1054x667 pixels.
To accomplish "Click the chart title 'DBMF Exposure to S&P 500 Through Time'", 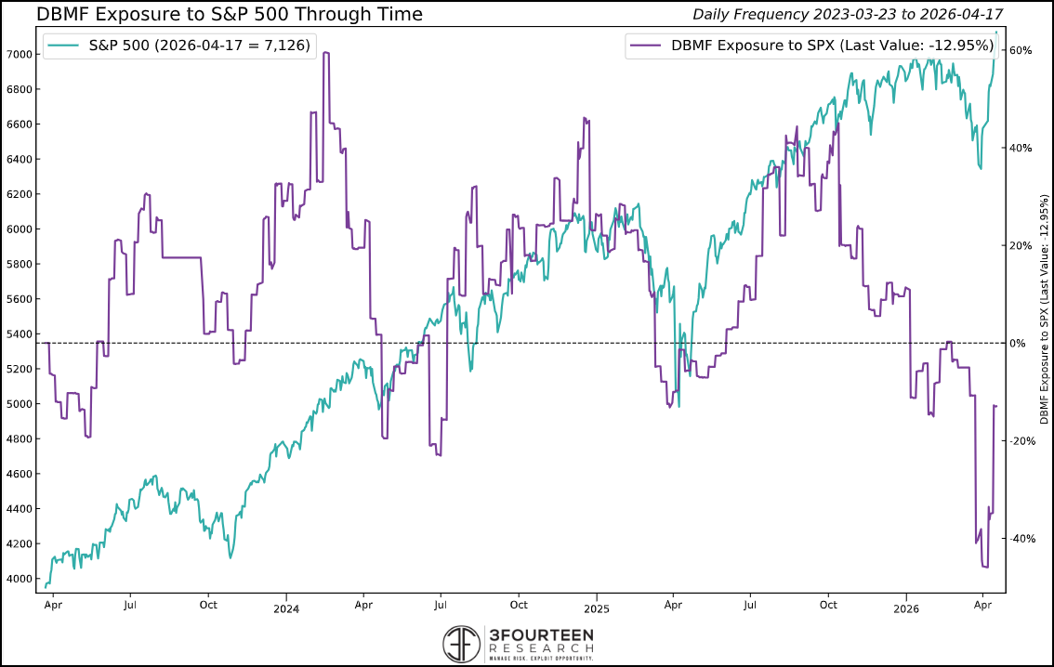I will pyautogui.click(x=230, y=14).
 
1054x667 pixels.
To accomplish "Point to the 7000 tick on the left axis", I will pyautogui.click(x=20, y=55).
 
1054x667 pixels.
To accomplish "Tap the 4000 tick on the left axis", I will pyautogui.click(x=20, y=579).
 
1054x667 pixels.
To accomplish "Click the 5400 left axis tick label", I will pyautogui.click(x=20, y=334).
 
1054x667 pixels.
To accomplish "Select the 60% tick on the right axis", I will pyautogui.click(x=1021, y=51).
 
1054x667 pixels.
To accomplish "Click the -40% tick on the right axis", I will pyautogui.click(x=1021, y=539).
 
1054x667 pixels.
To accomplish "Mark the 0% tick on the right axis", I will pyautogui.click(x=1019, y=344).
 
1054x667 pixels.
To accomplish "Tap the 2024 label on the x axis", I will pyautogui.click(x=285, y=608).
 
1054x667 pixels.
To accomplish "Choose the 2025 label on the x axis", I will pyautogui.click(x=596, y=608).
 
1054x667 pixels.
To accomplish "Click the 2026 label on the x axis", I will pyautogui.click(x=906, y=608).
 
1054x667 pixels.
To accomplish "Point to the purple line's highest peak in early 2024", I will pyautogui.click(x=325, y=53).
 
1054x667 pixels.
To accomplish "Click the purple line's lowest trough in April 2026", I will pyautogui.click(x=985, y=567).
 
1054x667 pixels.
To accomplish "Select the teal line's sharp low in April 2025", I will pyautogui.click(x=679, y=406).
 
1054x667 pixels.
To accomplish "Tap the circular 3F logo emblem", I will pyautogui.click(x=462, y=643).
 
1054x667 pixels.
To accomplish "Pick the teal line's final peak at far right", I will pyautogui.click(x=997, y=33).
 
